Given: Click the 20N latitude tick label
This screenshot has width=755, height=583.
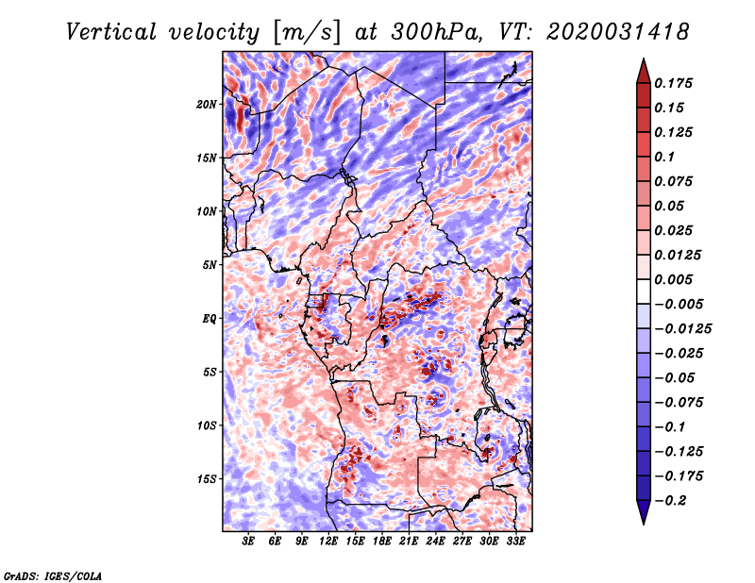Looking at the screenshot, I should pos(207,104).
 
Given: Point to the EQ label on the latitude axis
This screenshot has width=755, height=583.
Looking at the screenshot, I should pos(210,318).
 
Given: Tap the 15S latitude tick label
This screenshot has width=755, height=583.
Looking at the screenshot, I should pos(207,478).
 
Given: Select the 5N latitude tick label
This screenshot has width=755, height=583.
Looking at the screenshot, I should pos(210,264).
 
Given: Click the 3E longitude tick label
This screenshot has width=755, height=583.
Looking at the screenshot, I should pos(249,541).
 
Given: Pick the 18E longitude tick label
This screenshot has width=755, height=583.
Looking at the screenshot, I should pos(382,541).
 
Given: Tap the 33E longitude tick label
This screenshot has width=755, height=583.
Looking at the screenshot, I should pos(515,541).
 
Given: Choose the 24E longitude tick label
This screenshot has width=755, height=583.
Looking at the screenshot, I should pos(435,541).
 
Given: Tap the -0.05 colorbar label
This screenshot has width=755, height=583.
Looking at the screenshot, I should pos(675,377).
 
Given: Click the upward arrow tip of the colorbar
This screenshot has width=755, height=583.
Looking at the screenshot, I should pos(643,61).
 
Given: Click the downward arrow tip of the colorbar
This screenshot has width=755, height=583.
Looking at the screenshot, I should pos(643,521).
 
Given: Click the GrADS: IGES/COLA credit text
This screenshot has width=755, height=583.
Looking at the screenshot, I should pos(52,575).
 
